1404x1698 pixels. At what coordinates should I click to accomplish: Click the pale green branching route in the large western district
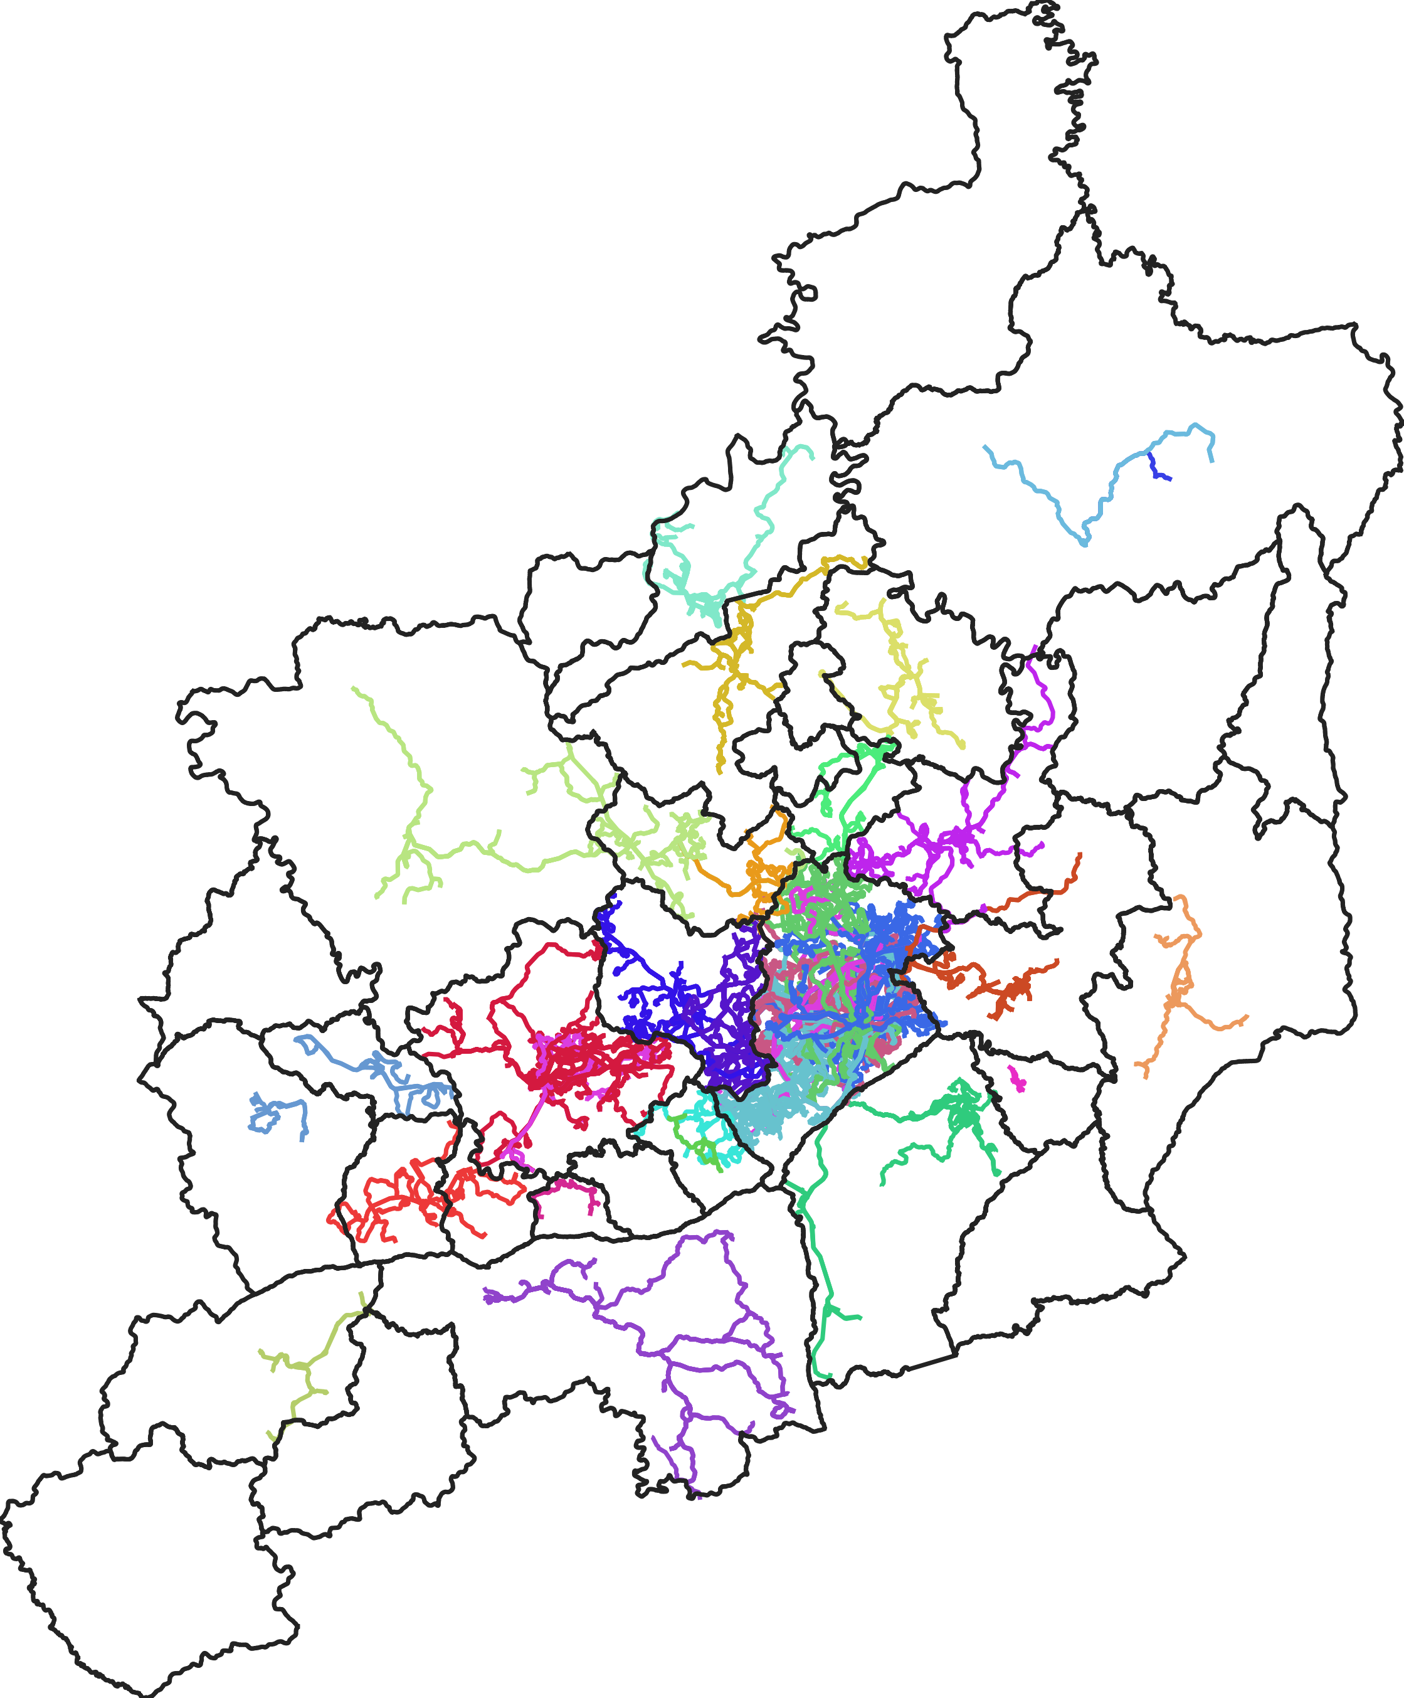pyautogui.click(x=420, y=809)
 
